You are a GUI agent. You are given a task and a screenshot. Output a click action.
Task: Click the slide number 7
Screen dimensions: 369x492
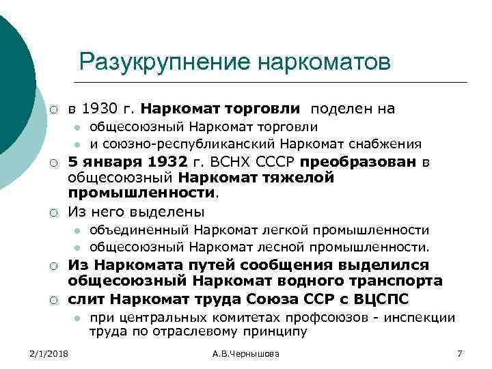459,353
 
